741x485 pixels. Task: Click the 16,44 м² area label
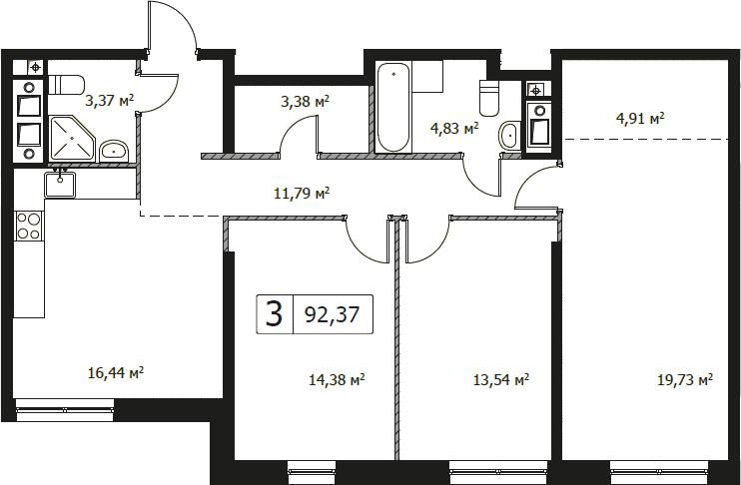(x=116, y=373)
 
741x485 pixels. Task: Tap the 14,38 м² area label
(x=337, y=379)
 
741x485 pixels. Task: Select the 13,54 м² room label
(x=501, y=379)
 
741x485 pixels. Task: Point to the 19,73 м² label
(x=685, y=379)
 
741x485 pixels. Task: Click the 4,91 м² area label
(x=640, y=118)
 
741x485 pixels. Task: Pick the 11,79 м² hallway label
(x=302, y=193)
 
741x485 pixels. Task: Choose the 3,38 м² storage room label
(x=305, y=101)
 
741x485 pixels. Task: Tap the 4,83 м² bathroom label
(x=454, y=128)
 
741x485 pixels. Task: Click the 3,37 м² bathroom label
(x=110, y=100)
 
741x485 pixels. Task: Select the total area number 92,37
(x=333, y=314)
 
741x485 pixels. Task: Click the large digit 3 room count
(x=274, y=314)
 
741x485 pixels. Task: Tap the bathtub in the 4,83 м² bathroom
(x=393, y=107)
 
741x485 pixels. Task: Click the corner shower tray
(x=72, y=139)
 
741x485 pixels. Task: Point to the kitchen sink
(x=60, y=185)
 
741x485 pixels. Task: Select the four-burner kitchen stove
(x=29, y=226)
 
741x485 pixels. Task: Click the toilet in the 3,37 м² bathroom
(x=66, y=85)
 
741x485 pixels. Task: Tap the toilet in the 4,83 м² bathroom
(x=489, y=98)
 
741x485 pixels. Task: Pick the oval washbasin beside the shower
(x=114, y=151)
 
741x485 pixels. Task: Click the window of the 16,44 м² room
(x=65, y=409)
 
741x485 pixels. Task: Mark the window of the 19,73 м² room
(x=659, y=472)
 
